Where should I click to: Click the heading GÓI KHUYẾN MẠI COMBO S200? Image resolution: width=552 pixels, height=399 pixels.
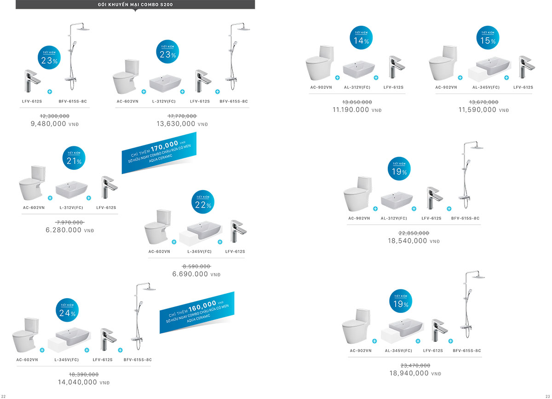tap(135, 5)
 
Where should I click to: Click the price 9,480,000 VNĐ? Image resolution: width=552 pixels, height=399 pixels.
tap(54, 124)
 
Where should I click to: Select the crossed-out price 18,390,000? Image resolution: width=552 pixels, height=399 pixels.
tap(84, 375)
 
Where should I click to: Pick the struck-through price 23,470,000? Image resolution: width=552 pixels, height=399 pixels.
tap(415, 365)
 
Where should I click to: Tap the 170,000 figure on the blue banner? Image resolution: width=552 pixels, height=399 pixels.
tap(164, 144)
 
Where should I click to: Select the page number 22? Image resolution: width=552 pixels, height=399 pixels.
tap(4, 396)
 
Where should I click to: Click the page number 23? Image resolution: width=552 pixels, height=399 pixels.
tap(548, 396)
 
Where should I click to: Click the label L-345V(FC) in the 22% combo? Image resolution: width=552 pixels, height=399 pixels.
tap(199, 252)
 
